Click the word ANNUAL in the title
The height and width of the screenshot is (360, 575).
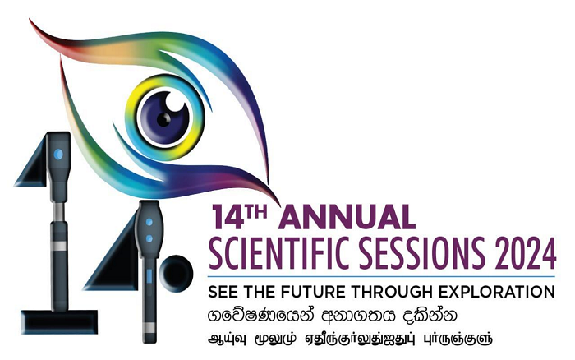pyautogui.click(x=347, y=217)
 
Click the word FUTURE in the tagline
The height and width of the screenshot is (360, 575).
pyautogui.click(x=315, y=292)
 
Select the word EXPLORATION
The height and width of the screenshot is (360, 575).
pyautogui.click(x=496, y=292)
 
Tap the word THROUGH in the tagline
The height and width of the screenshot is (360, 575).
pyautogui.click(x=393, y=292)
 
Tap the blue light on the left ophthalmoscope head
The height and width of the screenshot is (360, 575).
pyautogui.click(x=58, y=155)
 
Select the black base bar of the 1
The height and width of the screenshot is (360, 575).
pyautogui.click(x=59, y=321)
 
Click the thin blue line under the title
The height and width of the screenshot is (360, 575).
pyautogui.click(x=381, y=276)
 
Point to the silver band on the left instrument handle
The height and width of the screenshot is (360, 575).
pyautogui.click(x=58, y=246)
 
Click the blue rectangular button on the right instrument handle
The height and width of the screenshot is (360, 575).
pyautogui.click(x=149, y=276)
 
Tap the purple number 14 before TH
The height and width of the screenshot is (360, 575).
pyautogui.click(x=228, y=218)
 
